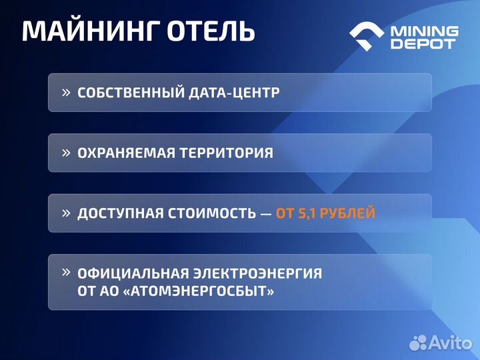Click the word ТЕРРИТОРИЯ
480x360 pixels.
pyautogui.click(x=226, y=153)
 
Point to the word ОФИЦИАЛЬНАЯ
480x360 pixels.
pyautogui.click(x=133, y=273)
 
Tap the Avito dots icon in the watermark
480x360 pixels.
pyautogui.click(x=418, y=343)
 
